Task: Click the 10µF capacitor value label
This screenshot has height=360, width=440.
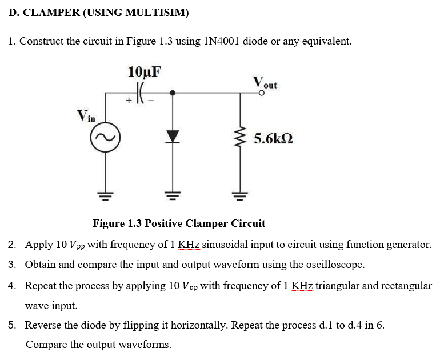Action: tap(145, 72)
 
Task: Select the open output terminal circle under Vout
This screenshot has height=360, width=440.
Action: tap(262, 91)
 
